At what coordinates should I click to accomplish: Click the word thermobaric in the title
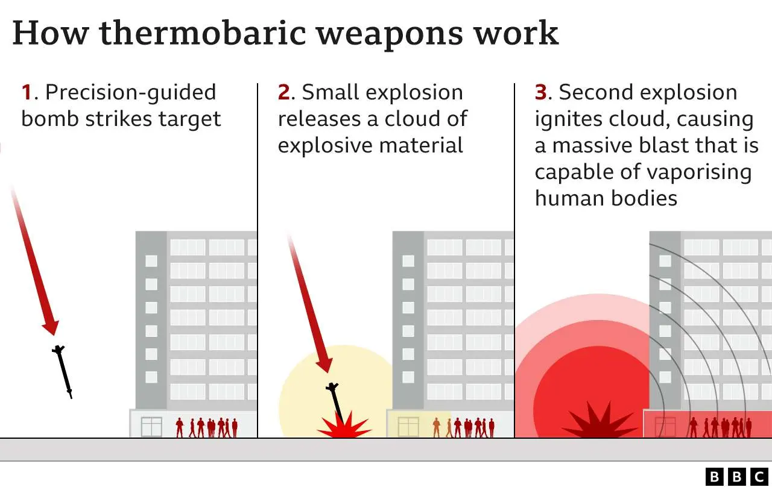[203, 33]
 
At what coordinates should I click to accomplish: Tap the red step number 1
[27, 92]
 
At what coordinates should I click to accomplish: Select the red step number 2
[283, 92]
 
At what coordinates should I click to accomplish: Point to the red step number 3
[541, 92]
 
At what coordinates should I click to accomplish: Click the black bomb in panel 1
[62, 371]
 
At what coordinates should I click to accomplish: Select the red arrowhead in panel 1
[50, 328]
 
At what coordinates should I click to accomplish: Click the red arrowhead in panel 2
[324, 365]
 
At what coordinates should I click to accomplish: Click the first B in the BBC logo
[715, 477]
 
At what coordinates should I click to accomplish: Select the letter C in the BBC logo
[759, 477]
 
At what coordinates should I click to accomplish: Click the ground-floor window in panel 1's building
[151, 427]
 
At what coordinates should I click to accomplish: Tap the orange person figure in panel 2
[436, 427]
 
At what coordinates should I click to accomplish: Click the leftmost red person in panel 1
[179, 427]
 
